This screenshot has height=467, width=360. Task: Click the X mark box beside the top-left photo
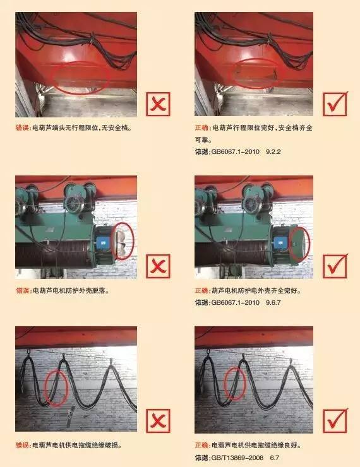(x=158, y=104)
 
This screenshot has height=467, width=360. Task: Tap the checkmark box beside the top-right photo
(x=335, y=104)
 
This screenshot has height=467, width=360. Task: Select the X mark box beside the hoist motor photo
(x=158, y=266)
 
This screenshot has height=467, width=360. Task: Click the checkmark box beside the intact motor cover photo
(x=335, y=266)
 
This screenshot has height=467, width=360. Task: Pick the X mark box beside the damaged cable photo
(x=158, y=421)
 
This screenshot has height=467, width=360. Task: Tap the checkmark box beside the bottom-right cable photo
(x=335, y=421)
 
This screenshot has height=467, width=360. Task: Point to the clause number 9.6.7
(x=273, y=302)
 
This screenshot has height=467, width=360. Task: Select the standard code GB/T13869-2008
(x=237, y=458)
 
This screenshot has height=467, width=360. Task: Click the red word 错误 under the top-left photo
(x=22, y=128)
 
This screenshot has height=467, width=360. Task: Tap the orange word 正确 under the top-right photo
(x=201, y=128)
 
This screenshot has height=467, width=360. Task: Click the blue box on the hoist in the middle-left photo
(x=103, y=242)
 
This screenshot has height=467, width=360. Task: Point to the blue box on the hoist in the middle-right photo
(x=280, y=242)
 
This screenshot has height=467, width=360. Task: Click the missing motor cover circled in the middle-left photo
(x=122, y=241)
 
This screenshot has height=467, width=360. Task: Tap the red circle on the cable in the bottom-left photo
(x=45, y=387)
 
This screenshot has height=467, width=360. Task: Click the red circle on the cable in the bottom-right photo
(x=224, y=384)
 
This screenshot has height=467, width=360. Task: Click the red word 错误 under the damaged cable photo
(x=22, y=446)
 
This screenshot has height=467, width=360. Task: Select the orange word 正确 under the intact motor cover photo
(x=201, y=291)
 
